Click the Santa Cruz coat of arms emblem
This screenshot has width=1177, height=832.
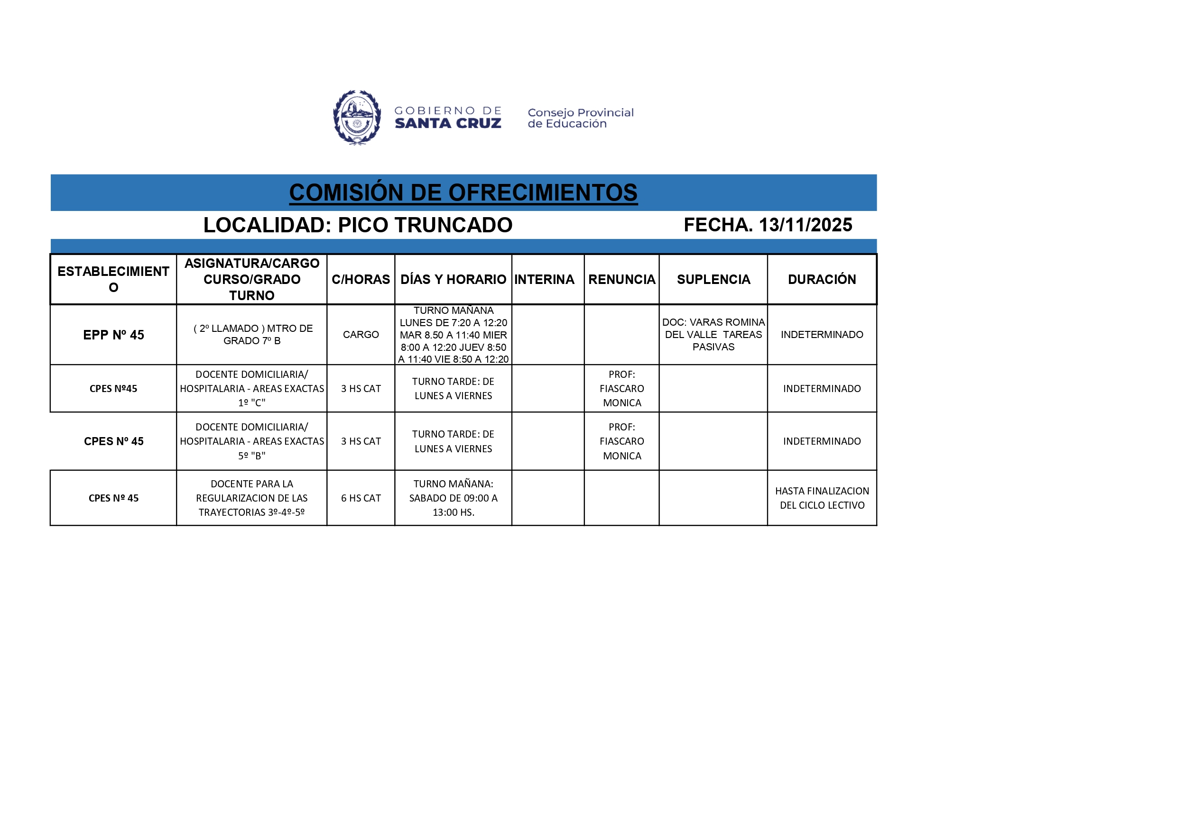coord(357,118)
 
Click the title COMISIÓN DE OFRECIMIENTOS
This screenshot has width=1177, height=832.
coord(463,193)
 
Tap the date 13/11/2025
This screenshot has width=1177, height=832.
coord(805,225)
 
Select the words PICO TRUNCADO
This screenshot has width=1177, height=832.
coord(425,225)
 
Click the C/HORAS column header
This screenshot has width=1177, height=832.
coord(361,279)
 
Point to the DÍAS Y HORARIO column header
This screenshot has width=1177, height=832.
coord(453,279)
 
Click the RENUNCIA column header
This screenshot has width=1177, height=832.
coord(621,279)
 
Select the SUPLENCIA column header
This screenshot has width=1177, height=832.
coord(713,279)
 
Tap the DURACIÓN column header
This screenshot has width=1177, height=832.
coord(822,279)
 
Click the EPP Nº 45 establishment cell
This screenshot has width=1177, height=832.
coord(113,335)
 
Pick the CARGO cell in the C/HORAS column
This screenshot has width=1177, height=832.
coord(361,335)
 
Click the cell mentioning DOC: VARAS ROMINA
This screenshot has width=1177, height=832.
coord(713,335)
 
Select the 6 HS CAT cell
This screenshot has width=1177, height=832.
coord(361,498)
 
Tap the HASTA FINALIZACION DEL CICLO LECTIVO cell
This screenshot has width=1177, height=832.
coord(822,498)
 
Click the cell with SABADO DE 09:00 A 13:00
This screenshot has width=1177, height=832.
coord(453,498)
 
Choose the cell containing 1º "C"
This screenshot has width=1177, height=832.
coord(252,389)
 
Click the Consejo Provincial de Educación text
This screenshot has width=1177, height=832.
coord(580,119)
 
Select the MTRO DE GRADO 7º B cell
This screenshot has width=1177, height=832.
coord(252,335)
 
